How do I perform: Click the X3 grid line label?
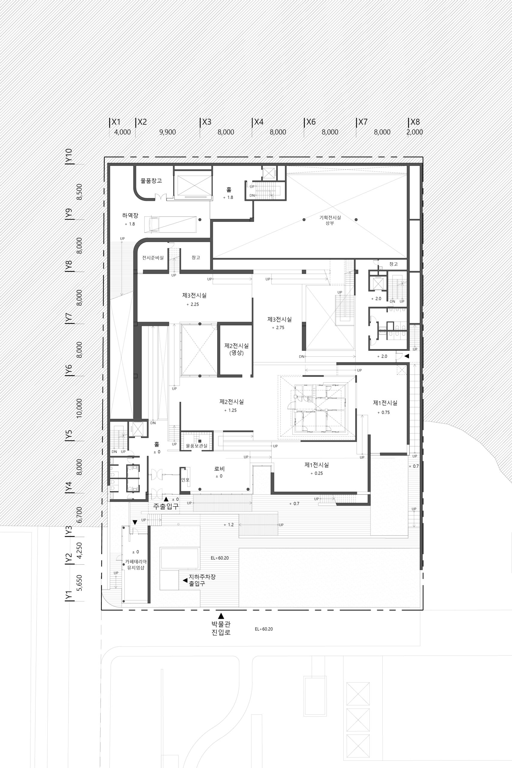pyautogui.click(x=207, y=122)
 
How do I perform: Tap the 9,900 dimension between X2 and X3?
pyautogui.click(x=167, y=132)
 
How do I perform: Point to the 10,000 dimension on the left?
pyautogui.click(x=79, y=408)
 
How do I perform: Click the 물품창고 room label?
pyautogui.click(x=151, y=181)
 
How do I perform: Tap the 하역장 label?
pyautogui.click(x=130, y=215)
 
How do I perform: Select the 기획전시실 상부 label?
pyautogui.click(x=330, y=220)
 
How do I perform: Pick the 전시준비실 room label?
pyautogui.click(x=153, y=258)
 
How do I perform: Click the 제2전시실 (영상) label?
pyautogui.click(x=236, y=349)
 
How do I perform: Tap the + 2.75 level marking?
pyautogui.click(x=278, y=328)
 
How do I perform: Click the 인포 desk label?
pyautogui.click(x=185, y=480)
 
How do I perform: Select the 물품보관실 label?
pyautogui.click(x=196, y=446)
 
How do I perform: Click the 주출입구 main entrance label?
pyautogui.click(x=166, y=506)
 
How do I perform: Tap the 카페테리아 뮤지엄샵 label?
pyautogui.click(x=136, y=565)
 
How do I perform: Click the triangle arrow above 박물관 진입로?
pyautogui.click(x=221, y=616)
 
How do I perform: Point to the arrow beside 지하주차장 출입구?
pyautogui.click(x=185, y=580)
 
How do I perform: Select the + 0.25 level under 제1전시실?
pyautogui.click(x=317, y=473)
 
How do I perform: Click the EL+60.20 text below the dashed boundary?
pyautogui.click(x=264, y=629)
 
